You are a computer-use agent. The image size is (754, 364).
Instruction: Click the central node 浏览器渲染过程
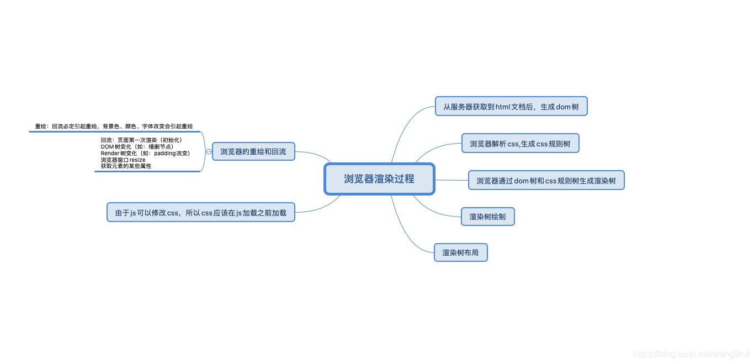pos(379,179)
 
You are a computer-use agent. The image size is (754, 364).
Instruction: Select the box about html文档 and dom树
pos(511,107)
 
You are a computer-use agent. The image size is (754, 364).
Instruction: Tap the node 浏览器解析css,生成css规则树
pos(520,144)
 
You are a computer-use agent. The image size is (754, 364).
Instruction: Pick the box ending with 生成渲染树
pos(546,181)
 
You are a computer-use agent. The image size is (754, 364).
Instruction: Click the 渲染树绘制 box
pos(487,217)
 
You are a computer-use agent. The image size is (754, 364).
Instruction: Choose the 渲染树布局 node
pos(460,253)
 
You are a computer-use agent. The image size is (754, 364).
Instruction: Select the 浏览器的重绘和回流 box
pos(253,151)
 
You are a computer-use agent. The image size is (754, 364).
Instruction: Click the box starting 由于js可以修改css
pos(200,212)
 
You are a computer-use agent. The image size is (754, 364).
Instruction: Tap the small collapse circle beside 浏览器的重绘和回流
pos(209,151)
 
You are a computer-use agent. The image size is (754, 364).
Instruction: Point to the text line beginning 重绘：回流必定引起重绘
pos(114,126)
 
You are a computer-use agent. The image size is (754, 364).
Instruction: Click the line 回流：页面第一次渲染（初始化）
pos(141,140)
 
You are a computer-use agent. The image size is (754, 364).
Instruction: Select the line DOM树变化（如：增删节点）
pos(137,146)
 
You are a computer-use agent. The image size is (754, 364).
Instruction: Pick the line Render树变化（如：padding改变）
pos(145,153)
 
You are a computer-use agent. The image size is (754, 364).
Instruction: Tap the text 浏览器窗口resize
pos(123,160)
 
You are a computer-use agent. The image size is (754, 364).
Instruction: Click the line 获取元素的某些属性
pos(126,166)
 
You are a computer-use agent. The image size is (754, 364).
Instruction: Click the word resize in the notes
pos(137,160)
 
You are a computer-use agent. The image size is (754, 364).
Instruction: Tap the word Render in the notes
pos(110,153)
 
